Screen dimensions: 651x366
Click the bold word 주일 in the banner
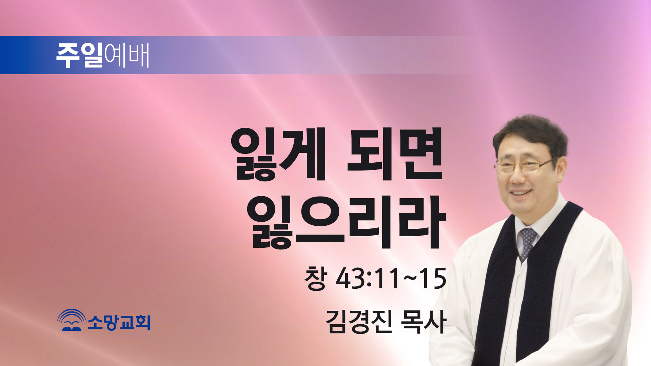(x=79, y=55)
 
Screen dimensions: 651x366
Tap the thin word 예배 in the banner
(x=127, y=55)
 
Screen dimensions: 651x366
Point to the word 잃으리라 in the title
(x=346, y=222)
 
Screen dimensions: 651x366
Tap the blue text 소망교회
(x=119, y=322)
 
